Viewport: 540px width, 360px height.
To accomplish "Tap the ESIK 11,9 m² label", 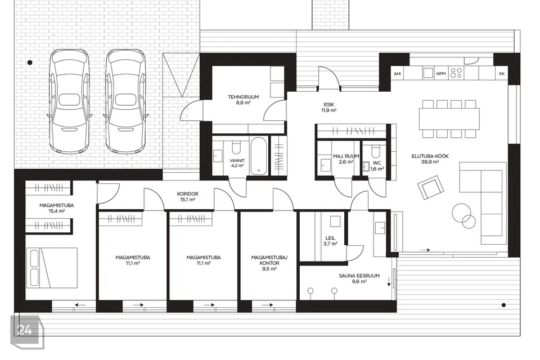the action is [328, 107].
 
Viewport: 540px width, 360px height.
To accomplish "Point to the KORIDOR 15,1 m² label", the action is [187, 197].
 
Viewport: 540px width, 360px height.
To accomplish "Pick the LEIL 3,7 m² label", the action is [330, 241].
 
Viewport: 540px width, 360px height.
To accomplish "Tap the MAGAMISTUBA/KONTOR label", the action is [269, 263].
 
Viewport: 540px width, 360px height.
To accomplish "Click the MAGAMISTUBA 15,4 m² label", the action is [56, 208].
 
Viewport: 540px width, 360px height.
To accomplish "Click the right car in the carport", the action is [125, 101].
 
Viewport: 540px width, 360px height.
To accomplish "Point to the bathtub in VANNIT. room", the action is [259, 156].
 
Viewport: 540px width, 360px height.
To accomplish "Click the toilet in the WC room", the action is [375, 151].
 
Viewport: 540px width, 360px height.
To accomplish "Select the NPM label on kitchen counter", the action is [441, 74].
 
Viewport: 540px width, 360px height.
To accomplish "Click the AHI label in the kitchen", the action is [398, 74].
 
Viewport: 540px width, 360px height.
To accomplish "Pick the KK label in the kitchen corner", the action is [502, 74].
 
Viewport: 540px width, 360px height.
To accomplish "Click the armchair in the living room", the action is [430, 187].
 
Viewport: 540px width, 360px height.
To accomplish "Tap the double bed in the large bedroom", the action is [52, 268].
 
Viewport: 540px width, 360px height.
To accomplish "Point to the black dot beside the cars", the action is [30, 62].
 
